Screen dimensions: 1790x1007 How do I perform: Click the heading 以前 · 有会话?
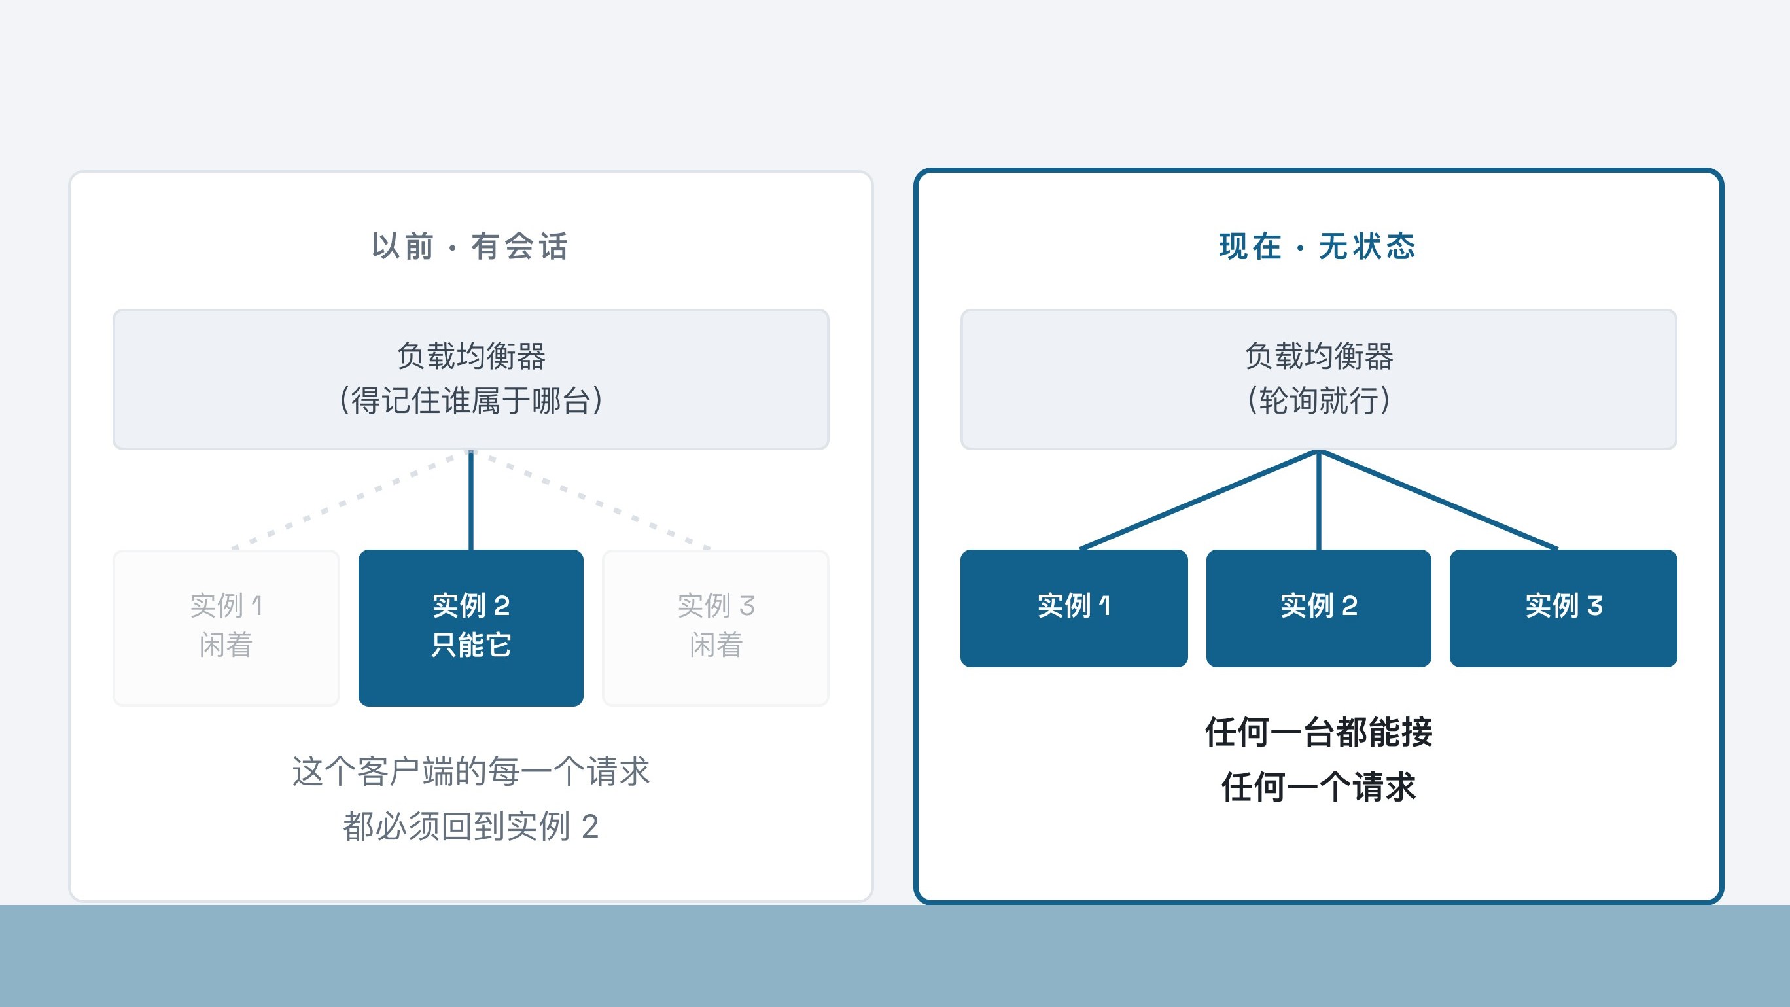(x=470, y=246)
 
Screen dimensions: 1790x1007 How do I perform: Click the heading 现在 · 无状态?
(x=1318, y=246)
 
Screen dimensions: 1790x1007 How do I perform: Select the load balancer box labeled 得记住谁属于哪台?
(x=470, y=380)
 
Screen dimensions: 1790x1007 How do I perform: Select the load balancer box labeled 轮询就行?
(x=1318, y=380)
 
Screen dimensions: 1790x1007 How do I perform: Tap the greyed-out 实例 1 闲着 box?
(x=226, y=627)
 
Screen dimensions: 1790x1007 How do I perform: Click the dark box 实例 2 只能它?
(x=470, y=627)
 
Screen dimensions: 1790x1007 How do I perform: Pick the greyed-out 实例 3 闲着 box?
(x=716, y=627)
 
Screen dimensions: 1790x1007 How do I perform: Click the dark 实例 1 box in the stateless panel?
(x=1074, y=608)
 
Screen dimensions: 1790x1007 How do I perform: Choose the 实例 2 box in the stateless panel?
(x=1318, y=608)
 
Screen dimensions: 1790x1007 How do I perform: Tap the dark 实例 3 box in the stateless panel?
(x=1564, y=608)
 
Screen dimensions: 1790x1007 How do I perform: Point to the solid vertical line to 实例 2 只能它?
(x=470, y=500)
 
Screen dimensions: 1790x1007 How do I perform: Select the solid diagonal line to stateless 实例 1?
(x=1199, y=500)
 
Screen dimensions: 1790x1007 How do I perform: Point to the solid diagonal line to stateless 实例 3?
(x=1439, y=500)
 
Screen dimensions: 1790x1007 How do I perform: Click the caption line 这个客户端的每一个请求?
(x=470, y=771)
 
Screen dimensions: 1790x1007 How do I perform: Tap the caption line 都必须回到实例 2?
(x=470, y=826)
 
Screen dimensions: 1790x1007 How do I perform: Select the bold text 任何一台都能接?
(x=1318, y=732)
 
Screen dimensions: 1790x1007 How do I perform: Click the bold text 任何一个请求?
(x=1318, y=787)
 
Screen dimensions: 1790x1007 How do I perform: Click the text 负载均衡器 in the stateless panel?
(x=1318, y=356)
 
